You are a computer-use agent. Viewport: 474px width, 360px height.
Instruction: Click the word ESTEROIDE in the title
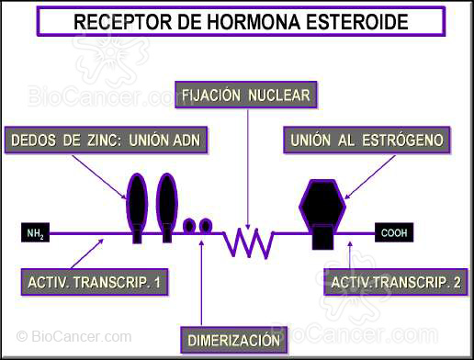click(369, 19)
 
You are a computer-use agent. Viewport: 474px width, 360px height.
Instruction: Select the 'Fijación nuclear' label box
click(246, 95)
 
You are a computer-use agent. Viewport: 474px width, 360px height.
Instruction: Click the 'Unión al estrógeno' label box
click(367, 141)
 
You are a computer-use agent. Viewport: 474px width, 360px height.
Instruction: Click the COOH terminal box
click(394, 233)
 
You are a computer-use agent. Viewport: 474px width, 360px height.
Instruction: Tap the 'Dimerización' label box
click(233, 340)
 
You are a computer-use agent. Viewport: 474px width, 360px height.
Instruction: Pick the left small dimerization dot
click(189, 225)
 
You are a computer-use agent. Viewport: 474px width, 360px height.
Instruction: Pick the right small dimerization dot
click(206, 225)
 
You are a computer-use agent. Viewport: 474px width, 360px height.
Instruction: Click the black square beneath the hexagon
click(322, 237)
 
